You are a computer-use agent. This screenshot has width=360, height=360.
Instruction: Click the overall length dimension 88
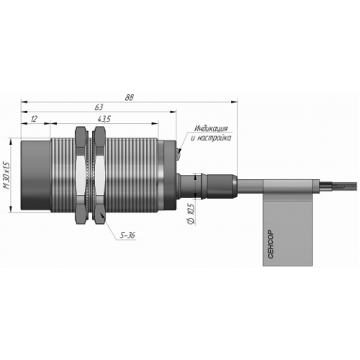click(x=129, y=97)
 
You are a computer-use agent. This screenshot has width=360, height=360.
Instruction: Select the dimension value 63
click(x=99, y=107)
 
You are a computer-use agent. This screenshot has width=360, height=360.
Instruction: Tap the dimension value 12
click(x=34, y=119)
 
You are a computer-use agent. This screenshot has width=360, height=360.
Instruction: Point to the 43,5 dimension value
click(x=104, y=119)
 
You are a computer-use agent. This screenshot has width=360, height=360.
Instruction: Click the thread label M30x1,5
click(x=7, y=175)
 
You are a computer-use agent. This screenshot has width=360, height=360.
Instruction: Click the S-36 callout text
click(x=127, y=235)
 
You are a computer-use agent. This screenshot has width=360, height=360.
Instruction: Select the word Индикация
click(x=211, y=128)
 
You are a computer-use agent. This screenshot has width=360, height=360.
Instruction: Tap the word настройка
click(x=215, y=138)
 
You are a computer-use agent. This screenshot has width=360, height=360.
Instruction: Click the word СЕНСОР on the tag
click(x=271, y=244)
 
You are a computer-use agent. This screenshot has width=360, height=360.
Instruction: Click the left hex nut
click(x=80, y=175)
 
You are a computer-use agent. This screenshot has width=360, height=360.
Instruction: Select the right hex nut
click(x=99, y=175)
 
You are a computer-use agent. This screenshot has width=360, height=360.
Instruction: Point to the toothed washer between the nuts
click(x=90, y=175)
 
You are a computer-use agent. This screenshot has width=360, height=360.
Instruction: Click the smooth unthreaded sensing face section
click(x=35, y=175)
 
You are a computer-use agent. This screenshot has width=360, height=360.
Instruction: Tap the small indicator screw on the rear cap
click(x=179, y=154)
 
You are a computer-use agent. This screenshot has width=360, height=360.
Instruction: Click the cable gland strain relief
click(x=207, y=186)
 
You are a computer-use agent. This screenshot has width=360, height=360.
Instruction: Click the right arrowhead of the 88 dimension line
click(x=234, y=102)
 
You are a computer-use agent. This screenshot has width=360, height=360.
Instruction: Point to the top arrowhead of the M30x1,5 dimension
click(x=10, y=141)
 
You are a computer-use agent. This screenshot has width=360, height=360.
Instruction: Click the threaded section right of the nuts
click(x=132, y=175)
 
